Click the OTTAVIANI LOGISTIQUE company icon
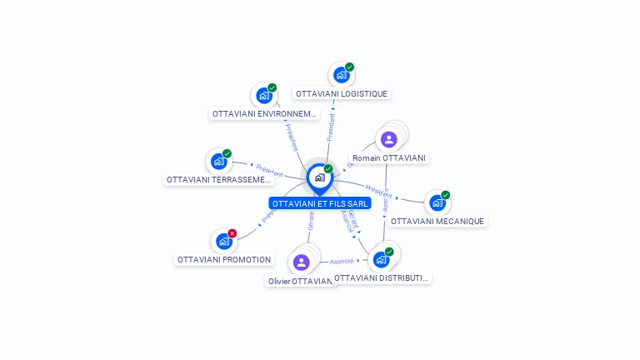(x=341, y=74)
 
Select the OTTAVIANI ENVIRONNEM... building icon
(x=264, y=95)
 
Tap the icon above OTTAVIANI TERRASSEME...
(x=218, y=161)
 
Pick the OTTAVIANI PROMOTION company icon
(x=223, y=242)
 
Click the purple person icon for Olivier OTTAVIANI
(x=302, y=262)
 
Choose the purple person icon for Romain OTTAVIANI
(x=388, y=139)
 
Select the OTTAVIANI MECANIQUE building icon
(x=437, y=202)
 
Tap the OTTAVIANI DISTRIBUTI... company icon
(x=382, y=259)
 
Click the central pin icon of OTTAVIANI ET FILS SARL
(x=319, y=177)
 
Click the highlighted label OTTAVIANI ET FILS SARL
(x=320, y=203)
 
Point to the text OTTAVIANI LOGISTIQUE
(x=342, y=94)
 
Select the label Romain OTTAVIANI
(x=389, y=158)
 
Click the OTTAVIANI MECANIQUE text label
(x=437, y=222)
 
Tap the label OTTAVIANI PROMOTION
(x=224, y=260)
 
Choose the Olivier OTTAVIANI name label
(x=301, y=282)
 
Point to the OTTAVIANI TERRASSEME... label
(x=219, y=180)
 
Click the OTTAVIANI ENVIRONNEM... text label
(x=264, y=114)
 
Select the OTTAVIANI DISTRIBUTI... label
(x=382, y=278)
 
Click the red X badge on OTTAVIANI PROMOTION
(x=232, y=233)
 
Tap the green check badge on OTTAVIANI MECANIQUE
(x=446, y=195)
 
